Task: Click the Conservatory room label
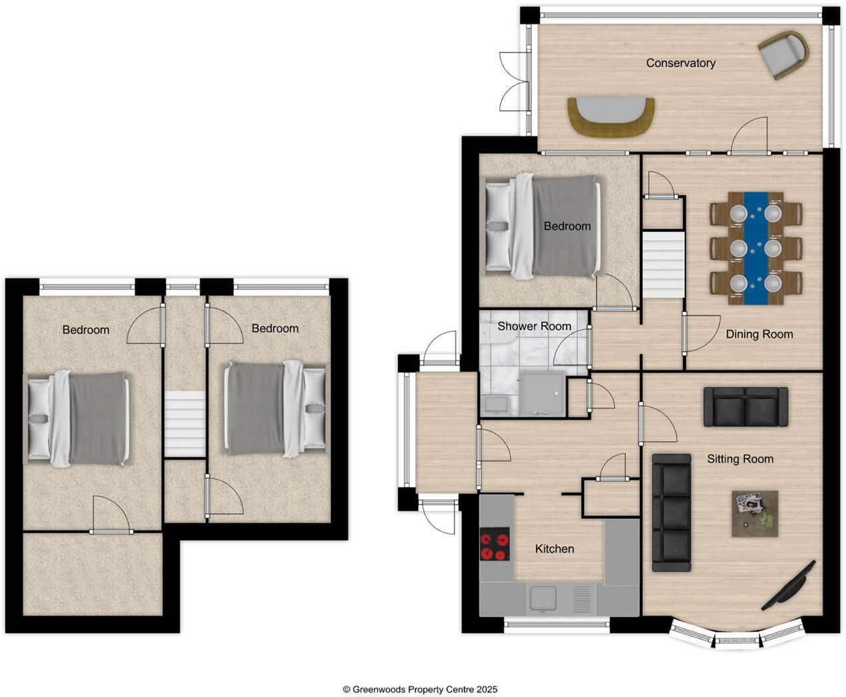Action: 680,63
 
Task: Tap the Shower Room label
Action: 534,326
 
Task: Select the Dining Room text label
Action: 759,334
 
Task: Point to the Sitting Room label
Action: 740,458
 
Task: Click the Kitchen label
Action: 554,549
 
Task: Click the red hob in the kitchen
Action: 495,545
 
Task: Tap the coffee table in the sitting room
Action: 755,513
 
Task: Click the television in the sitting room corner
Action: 789,585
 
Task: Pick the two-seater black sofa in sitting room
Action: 746,406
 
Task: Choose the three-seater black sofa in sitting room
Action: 671,512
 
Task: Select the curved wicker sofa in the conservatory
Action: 611,117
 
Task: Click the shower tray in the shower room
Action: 542,394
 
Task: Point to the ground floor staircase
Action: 663,264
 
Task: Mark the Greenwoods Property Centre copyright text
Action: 420,690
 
